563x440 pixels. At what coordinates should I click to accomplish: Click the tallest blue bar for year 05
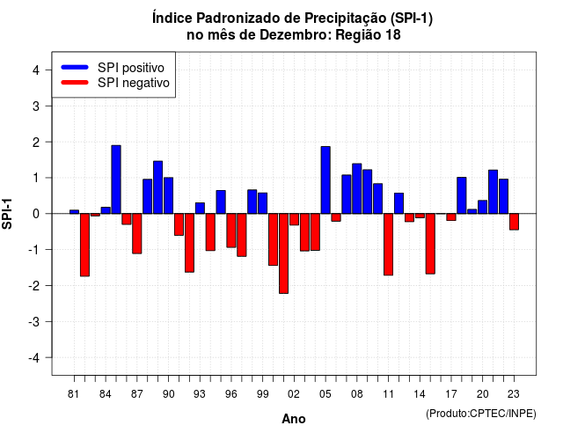tap(325, 180)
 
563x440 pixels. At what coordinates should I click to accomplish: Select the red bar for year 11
tap(388, 245)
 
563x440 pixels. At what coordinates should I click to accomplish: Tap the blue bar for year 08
tap(357, 188)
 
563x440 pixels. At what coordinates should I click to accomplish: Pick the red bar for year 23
tap(514, 222)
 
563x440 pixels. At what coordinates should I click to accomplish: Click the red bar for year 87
tap(137, 233)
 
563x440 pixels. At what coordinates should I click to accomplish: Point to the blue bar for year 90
tap(168, 195)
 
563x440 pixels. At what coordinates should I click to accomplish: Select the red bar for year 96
tap(231, 231)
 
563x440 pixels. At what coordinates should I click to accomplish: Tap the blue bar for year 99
tap(262, 203)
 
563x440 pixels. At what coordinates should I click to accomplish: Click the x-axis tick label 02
tap(293, 394)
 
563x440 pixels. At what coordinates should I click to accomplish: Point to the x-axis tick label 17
tap(451, 394)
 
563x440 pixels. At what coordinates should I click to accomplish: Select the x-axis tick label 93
tap(200, 394)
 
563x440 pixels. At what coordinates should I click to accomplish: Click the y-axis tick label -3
tap(34, 322)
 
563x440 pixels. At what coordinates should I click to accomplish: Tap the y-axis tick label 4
tap(36, 70)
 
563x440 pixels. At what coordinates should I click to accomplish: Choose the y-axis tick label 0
tap(36, 214)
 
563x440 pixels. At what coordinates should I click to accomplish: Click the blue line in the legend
tap(75, 67)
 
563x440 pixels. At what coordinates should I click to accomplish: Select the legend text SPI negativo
tap(134, 83)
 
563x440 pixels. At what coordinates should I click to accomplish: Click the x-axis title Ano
tap(294, 419)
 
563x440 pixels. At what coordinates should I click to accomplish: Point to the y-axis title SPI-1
tap(7, 214)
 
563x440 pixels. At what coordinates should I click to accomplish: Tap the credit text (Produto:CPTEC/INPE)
tap(481, 414)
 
